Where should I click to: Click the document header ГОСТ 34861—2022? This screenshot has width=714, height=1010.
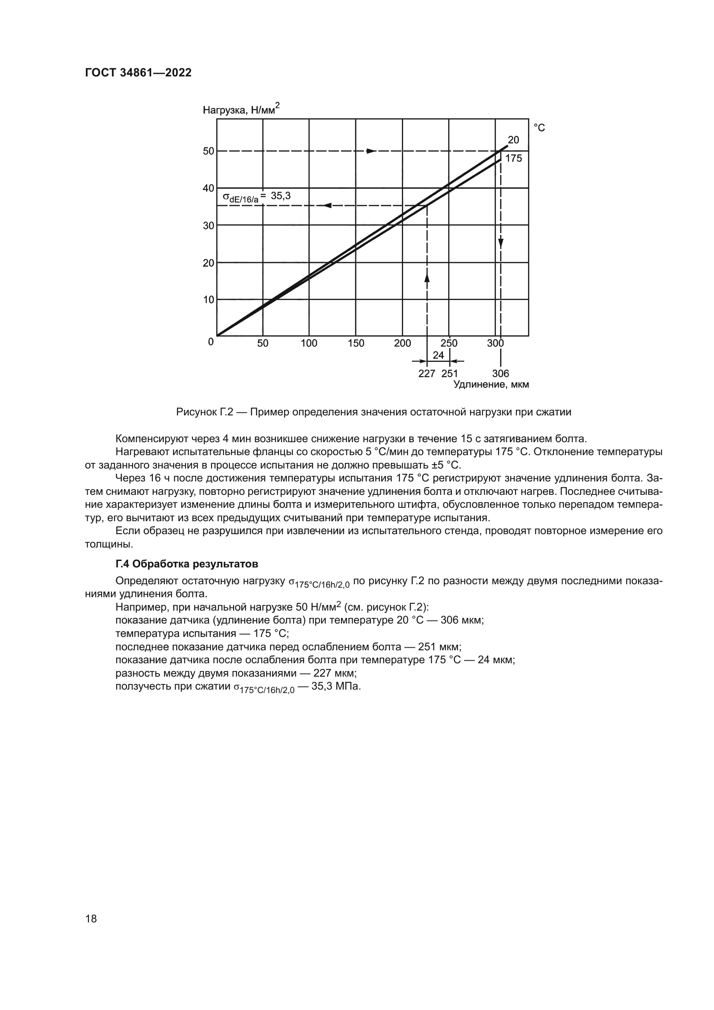tap(138, 73)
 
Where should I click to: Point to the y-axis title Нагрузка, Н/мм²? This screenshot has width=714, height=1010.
tap(241, 110)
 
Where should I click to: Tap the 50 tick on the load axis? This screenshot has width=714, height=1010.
tap(209, 151)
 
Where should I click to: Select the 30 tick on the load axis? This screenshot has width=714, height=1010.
tap(209, 226)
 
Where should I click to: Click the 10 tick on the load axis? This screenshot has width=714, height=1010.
tap(209, 300)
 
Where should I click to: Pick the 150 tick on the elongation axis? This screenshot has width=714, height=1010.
tap(356, 344)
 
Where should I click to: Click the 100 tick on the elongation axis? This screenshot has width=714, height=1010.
tap(309, 344)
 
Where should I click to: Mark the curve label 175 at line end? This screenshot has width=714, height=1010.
tap(514, 158)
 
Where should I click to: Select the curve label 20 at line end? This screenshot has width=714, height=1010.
tap(513, 140)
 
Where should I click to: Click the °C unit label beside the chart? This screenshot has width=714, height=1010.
tap(539, 128)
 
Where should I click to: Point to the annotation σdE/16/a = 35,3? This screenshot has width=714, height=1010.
tap(257, 197)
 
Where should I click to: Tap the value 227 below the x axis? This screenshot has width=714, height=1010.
tap(427, 374)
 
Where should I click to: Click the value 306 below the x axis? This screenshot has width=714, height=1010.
tap(500, 374)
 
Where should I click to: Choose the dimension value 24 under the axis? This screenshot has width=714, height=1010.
tap(438, 355)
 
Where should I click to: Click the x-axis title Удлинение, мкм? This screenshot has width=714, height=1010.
tap(491, 385)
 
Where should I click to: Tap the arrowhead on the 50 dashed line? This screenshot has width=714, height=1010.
tap(372, 151)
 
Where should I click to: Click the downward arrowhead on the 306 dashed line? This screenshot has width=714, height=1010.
tap(501, 243)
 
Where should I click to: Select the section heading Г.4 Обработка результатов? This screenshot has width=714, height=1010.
tap(187, 564)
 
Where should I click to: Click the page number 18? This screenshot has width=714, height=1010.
tap(91, 918)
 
